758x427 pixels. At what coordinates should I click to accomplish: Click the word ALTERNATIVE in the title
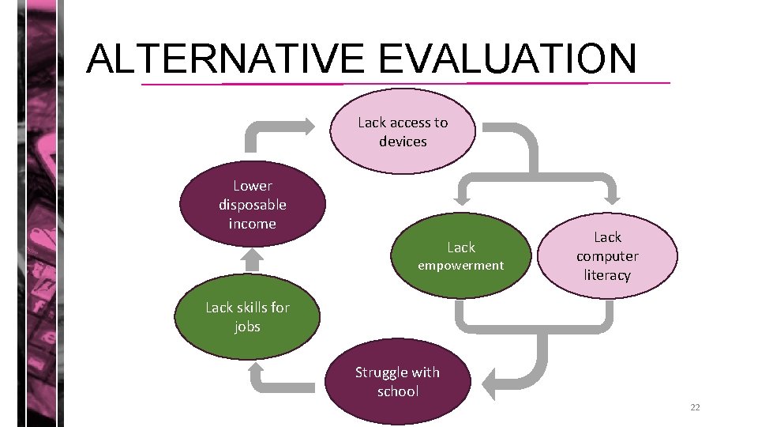coord(226,58)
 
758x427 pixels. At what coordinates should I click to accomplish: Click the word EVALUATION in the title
coord(507,58)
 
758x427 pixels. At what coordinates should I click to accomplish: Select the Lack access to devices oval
coord(403,131)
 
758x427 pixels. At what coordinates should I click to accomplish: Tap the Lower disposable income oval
coord(253,204)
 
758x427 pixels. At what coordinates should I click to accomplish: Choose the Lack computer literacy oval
coord(607,255)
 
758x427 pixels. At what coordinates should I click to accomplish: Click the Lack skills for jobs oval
coord(247,317)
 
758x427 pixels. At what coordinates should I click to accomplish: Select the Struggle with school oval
coord(397,381)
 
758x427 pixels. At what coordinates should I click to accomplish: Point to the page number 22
coord(695,407)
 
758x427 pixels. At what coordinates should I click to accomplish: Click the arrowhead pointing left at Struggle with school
coord(490,384)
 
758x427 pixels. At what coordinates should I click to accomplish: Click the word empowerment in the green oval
coord(460,266)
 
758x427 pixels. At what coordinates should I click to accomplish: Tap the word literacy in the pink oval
coord(607,275)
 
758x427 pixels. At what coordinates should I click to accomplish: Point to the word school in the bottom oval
coord(398,391)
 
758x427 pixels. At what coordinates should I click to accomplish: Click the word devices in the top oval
coord(403,142)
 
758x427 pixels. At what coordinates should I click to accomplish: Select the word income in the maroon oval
coord(253,224)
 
